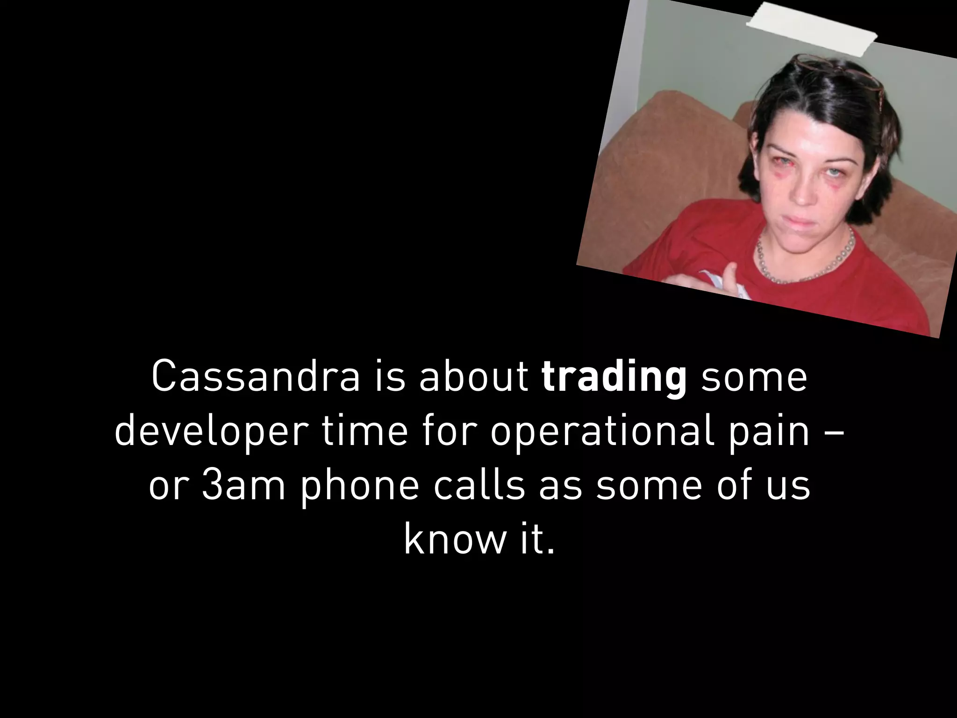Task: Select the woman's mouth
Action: tap(795, 220)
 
